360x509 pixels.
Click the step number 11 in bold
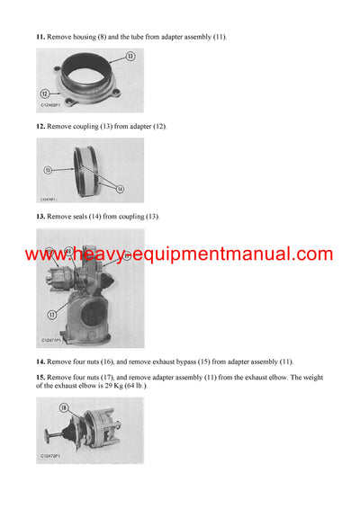40,37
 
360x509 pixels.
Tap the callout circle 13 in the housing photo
130,56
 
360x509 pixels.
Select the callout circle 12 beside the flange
44,93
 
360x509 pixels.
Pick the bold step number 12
40,126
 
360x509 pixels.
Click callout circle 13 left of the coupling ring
46,169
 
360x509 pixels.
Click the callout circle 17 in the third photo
51,314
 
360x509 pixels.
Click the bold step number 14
40,361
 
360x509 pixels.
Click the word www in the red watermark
46,255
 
